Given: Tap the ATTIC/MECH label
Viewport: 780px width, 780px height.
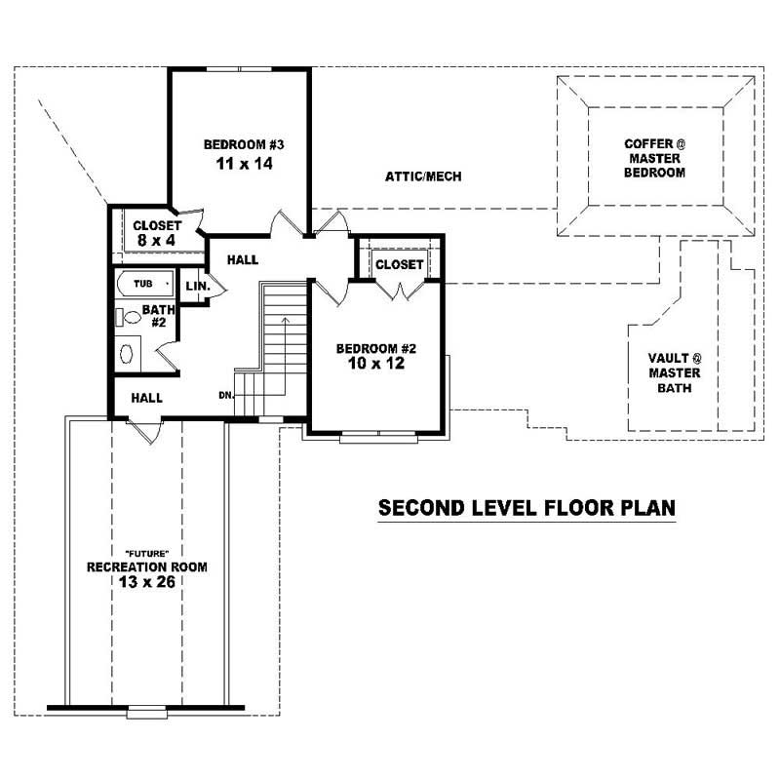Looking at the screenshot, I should click(422, 176).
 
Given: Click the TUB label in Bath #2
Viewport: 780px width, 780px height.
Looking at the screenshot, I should click(143, 284).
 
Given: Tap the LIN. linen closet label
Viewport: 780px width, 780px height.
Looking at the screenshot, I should click(196, 287).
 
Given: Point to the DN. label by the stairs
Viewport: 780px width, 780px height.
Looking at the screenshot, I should click(225, 396).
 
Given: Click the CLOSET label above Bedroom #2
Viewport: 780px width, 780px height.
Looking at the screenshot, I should click(399, 264).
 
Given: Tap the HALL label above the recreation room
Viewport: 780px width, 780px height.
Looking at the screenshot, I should click(146, 398).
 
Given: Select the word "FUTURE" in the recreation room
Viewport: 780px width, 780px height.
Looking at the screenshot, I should click(146, 552).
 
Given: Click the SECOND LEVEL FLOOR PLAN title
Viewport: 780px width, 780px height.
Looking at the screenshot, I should click(526, 508).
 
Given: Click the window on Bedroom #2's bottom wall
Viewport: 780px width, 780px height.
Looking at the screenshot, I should click(377, 436).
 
